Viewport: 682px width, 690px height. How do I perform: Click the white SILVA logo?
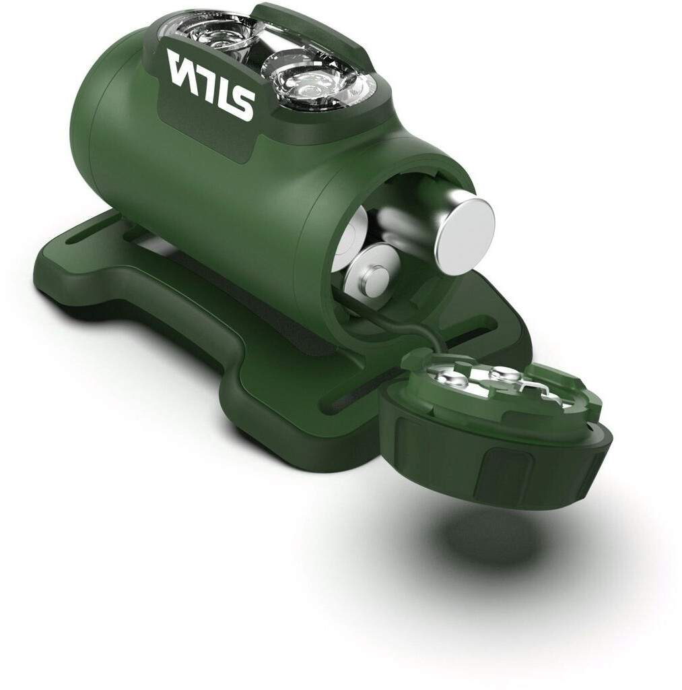click(211, 84)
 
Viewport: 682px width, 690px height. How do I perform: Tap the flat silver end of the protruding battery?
click(464, 237)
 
